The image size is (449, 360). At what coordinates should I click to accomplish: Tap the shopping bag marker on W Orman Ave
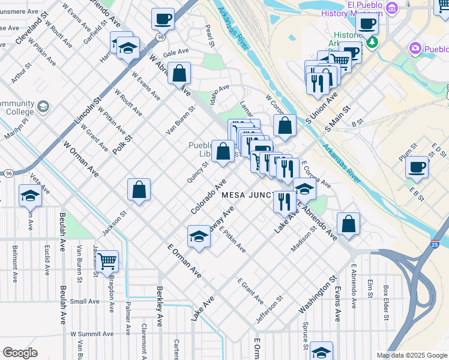(x=139, y=190)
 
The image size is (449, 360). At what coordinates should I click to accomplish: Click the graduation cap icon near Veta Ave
(x=30, y=196)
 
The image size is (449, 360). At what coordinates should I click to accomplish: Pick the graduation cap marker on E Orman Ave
(x=199, y=236)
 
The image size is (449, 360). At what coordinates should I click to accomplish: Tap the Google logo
(x=20, y=353)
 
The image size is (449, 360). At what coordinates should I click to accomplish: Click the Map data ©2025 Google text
(x=411, y=355)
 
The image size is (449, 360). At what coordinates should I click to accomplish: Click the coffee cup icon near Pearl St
(x=163, y=19)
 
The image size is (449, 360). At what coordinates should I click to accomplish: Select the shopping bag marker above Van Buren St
(x=179, y=73)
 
